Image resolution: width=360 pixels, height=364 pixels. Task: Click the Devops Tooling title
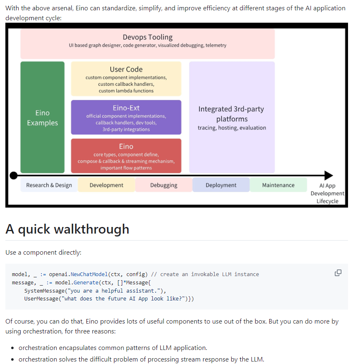coord(147,37)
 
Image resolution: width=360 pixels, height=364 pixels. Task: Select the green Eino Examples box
coord(43,118)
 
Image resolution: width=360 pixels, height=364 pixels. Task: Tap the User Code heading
coord(126,69)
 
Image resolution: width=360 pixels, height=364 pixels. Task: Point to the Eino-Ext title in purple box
coord(126,108)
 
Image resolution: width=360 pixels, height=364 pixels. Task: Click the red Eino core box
coord(126,156)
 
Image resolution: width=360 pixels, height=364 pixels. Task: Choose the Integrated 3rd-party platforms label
coord(232,114)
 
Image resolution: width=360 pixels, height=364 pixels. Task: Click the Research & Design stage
coord(49,185)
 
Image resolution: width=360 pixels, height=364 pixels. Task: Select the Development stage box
coord(106,185)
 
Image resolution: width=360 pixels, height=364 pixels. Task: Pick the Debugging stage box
coord(163,185)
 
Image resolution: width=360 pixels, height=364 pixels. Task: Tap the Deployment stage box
coord(221,185)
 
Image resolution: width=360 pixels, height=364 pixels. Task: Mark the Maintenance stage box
coord(278,185)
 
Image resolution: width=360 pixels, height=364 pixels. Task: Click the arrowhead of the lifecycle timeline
coord(329,175)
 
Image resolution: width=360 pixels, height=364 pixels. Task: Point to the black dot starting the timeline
coord(14,175)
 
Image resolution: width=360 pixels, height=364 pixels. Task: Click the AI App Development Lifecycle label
coord(327,193)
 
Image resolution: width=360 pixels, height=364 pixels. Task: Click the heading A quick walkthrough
coord(67,229)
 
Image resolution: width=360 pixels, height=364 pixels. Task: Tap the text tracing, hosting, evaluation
coord(232,128)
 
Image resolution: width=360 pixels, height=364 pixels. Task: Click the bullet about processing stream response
coord(141,359)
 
